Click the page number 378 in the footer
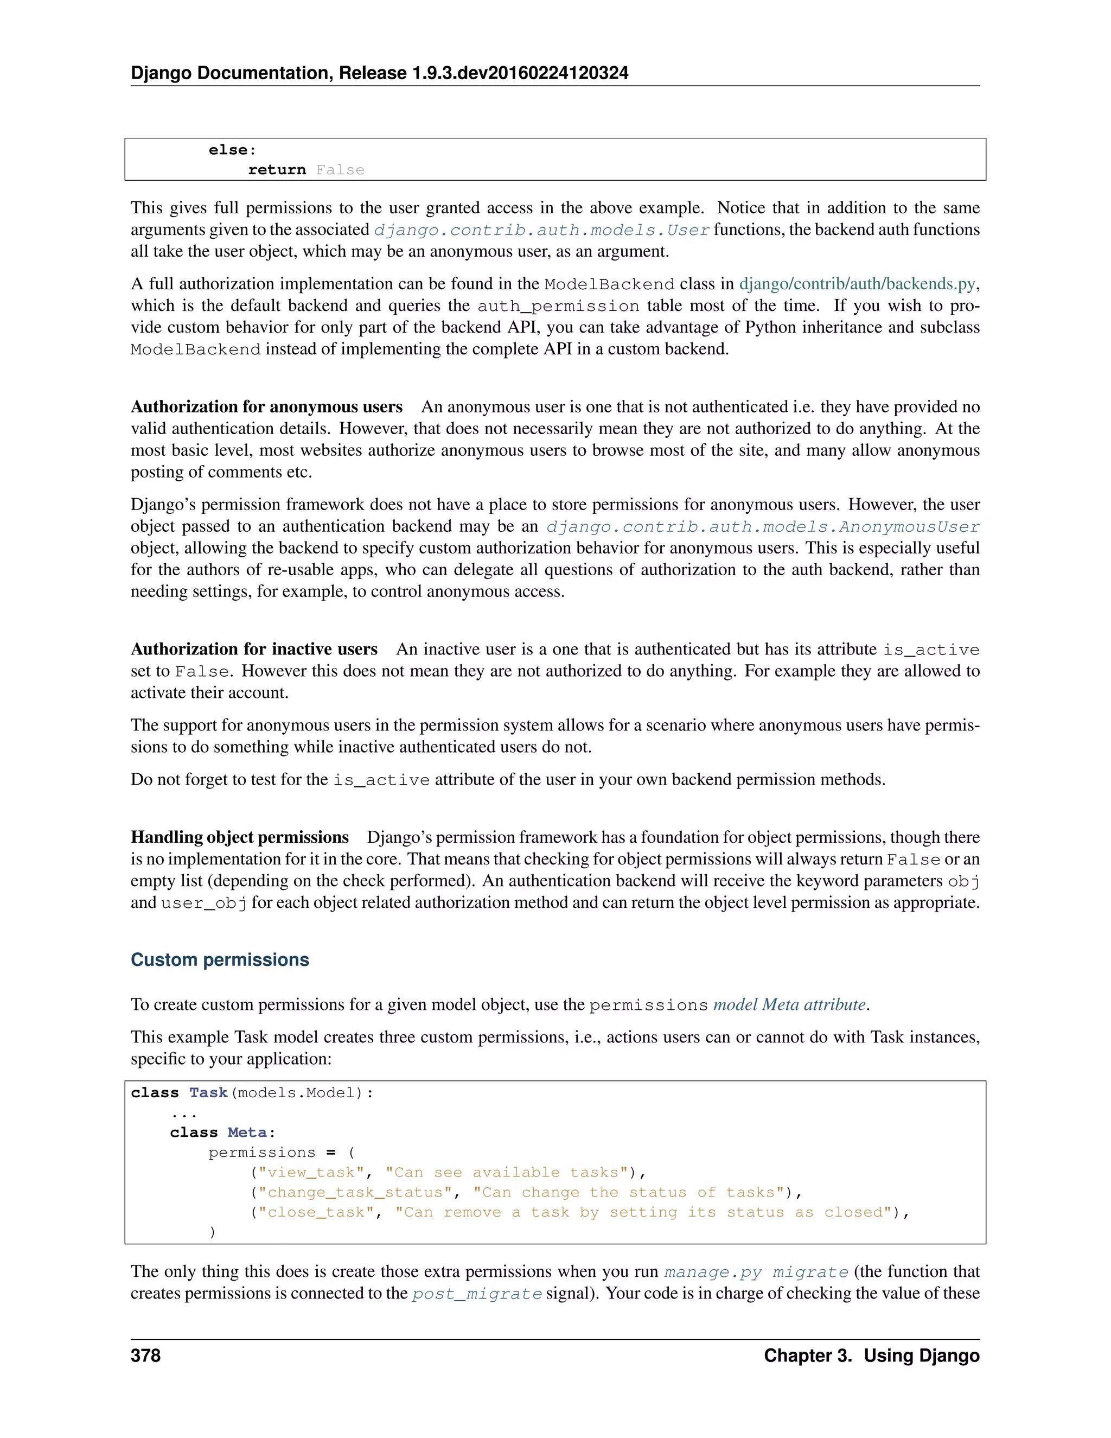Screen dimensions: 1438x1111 pos(145,1356)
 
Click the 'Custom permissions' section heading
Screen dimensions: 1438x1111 pos(220,959)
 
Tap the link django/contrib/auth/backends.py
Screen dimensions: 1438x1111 pos(857,284)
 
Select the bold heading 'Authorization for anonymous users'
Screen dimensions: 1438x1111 pos(266,407)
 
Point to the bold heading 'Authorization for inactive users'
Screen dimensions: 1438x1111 pos(254,649)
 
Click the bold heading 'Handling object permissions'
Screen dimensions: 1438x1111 pos(240,837)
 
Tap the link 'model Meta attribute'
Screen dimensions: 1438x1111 pos(789,1005)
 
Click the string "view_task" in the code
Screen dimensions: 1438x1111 pos(311,1173)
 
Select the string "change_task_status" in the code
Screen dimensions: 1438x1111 pos(355,1192)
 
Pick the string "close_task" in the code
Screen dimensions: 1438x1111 pos(316,1212)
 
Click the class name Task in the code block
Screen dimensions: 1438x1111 pos(208,1093)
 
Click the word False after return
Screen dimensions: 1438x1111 pos(340,170)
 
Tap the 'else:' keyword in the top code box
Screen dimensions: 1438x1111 pos(232,150)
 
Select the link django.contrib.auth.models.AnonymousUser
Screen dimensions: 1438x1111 pos(763,527)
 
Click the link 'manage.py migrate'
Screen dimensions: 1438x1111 pos(756,1272)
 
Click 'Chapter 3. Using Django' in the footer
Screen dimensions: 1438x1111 pos(871,1356)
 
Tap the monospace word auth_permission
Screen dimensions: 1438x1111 pos(558,306)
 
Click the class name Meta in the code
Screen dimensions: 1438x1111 pos(247,1132)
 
